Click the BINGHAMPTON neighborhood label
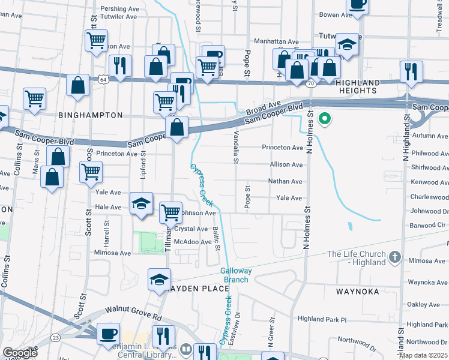tap(91, 115)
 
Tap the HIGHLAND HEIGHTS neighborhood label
tap(366, 88)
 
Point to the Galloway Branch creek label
tap(236, 275)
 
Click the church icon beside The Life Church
tap(394, 258)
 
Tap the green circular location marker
tap(325, 118)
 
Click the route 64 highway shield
tap(104, 79)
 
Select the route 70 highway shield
tap(310, 83)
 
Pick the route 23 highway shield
tap(55, 337)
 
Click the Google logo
tap(20, 353)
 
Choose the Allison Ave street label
tap(286, 164)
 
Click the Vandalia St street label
tap(236, 148)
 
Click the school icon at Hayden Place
tap(160, 279)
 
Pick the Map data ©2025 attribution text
tap(424, 355)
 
